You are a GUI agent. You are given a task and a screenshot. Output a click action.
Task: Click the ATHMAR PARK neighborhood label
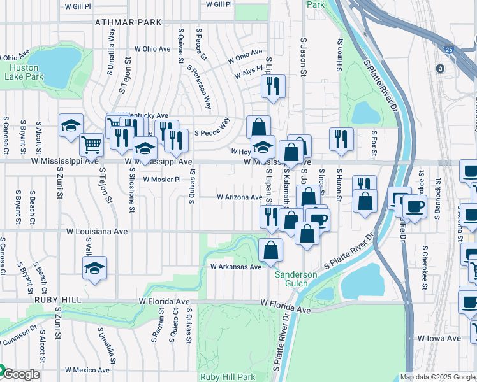tap(128, 22)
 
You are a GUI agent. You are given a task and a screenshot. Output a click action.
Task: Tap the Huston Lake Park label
tap(24, 71)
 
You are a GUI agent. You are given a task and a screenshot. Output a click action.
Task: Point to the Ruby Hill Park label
tap(228, 377)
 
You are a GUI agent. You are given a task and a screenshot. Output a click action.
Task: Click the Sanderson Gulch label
tap(296, 279)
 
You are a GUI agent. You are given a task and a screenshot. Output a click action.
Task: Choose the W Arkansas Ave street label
tap(236, 267)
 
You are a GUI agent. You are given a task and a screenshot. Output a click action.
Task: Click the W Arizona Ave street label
tap(240, 197)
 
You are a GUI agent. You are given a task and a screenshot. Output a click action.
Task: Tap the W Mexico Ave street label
tap(87, 370)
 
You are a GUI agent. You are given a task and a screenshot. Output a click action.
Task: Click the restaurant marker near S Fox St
tap(342, 138)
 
